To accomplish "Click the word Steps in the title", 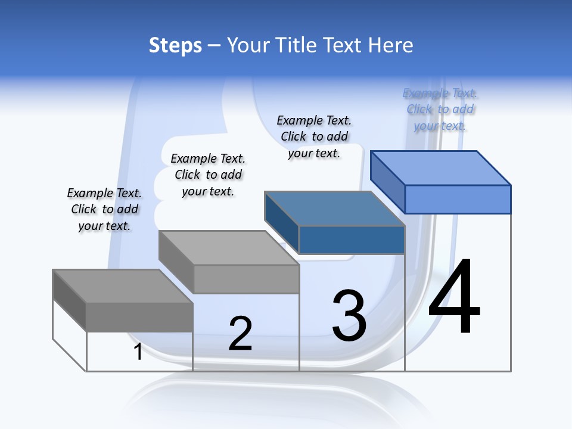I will point(175,45).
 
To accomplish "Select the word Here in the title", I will point(390,45).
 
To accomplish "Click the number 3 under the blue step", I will point(349,315).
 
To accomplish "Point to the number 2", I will point(240,333).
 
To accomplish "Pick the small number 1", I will point(138,352).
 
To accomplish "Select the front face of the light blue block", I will point(458,199).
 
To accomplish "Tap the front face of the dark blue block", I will point(352,240).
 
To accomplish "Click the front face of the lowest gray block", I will point(139,317).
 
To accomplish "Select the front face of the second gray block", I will point(245,279).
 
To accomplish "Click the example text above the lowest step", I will point(104,209).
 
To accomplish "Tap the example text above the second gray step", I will point(208,175).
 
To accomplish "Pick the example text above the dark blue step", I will point(314,136).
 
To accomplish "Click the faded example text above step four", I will point(440,109).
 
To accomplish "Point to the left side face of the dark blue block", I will point(281,222).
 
